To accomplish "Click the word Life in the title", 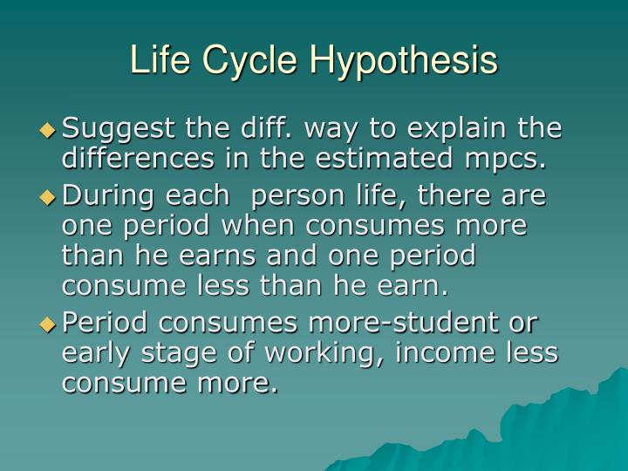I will (x=162, y=60).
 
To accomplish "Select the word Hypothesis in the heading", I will (x=405, y=60).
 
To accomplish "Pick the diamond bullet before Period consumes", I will (x=48, y=324).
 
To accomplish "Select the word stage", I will (x=170, y=352).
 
